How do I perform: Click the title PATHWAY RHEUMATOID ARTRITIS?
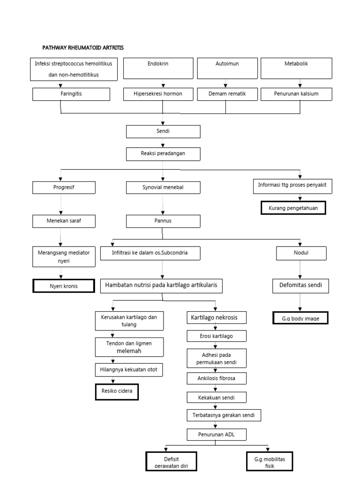83,48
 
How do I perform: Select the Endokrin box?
158,68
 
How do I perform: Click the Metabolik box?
296,68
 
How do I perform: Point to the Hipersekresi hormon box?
158,94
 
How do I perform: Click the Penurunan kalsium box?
296,94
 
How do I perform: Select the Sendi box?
163,132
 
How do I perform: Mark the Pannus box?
163,221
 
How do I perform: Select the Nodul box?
301,254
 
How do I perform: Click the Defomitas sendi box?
300,285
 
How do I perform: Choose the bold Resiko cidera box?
117,391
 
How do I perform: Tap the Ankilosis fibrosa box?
215,378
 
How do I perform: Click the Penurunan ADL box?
216,435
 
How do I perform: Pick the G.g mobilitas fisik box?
269,462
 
